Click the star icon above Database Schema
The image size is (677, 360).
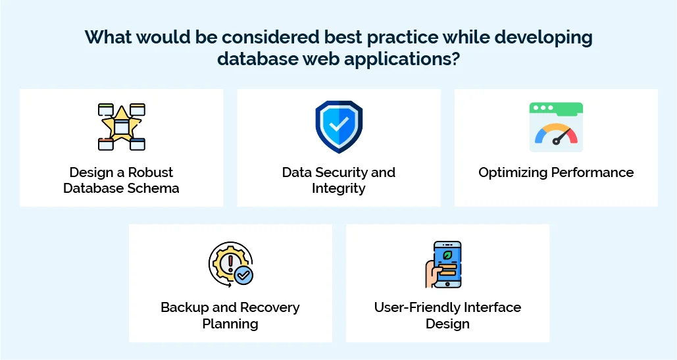click(x=122, y=126)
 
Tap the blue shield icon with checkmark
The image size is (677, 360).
click(x=339, y=126)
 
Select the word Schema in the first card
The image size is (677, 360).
click(x=155, y=188)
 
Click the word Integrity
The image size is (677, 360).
click(x=339, y=188)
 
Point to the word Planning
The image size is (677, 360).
click(x=230, y=324)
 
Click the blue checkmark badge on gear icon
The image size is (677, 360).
click(x=244, y=275)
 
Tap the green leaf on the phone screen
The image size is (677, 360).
click(x=448, y=253)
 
